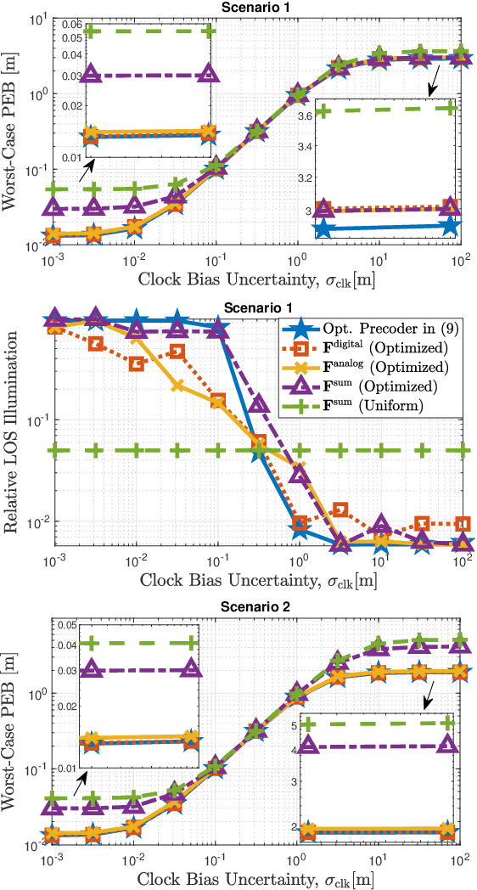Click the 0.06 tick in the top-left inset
pyautogui.click(x=48, y=25)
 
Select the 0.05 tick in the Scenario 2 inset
pyautogui.click(x=50, y=625)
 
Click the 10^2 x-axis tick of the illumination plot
pyautogui.click(x=461, y=562)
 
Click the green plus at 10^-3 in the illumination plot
pyautogui.click(x=55, y=450)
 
